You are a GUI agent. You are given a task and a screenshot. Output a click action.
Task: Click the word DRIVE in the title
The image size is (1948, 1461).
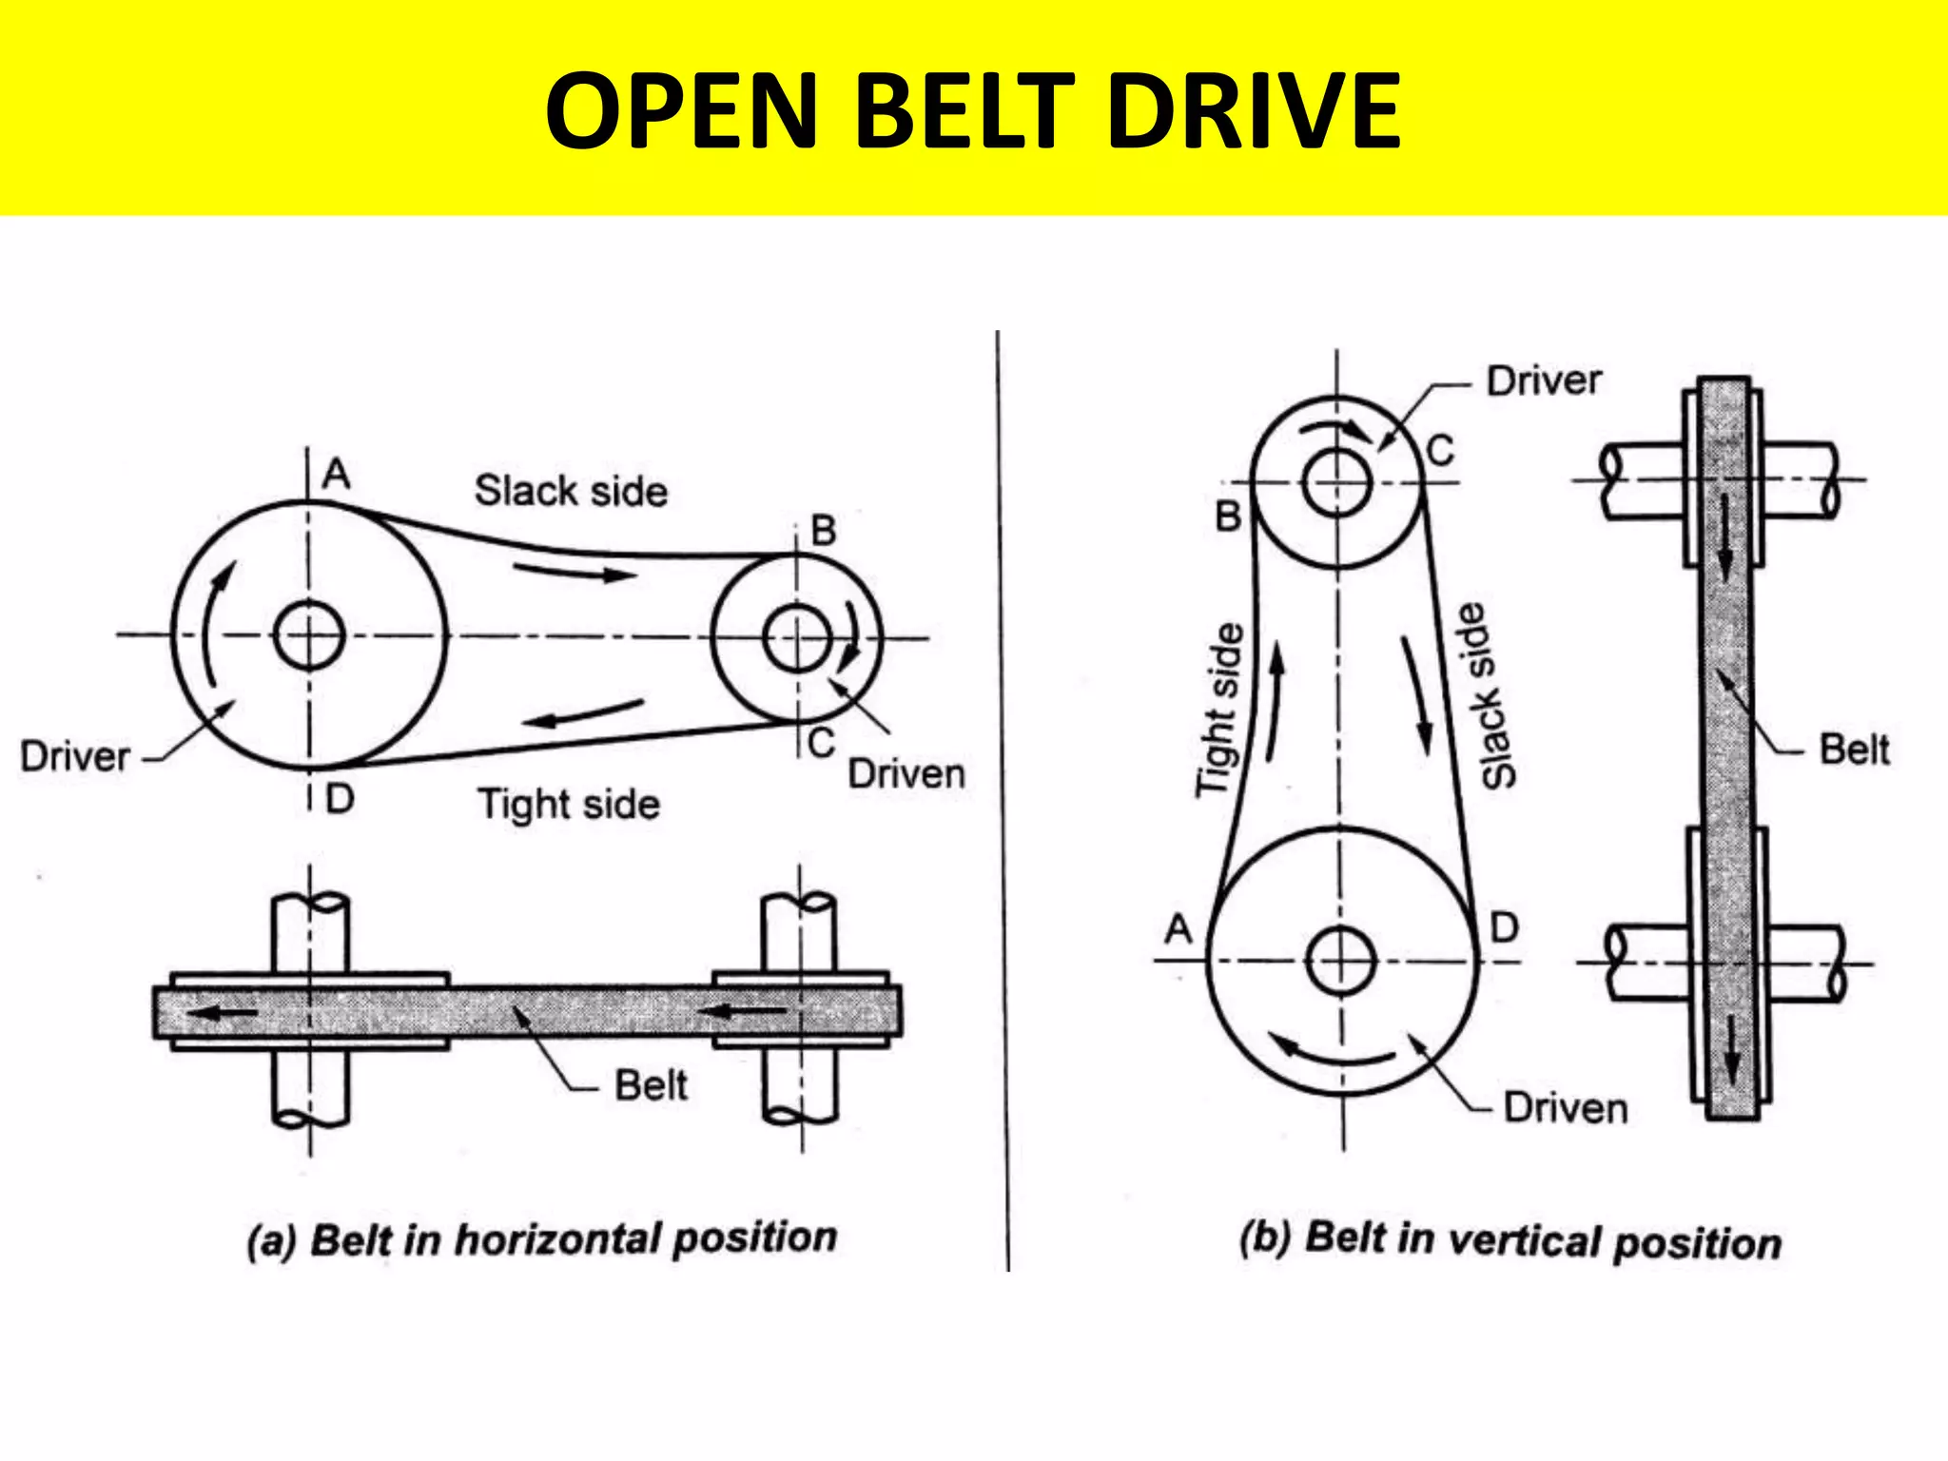click(x=1254, y=111)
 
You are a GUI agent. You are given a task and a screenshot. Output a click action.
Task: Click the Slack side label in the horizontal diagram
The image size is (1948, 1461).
click(x=571, y=492)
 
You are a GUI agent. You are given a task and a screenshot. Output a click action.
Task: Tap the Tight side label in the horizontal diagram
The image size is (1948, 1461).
click(x=568, y=805)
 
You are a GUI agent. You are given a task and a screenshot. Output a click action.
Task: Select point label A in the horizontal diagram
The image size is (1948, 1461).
click(x=336, y=474)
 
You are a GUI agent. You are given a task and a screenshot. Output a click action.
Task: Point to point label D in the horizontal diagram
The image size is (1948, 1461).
click(x=340, y=799)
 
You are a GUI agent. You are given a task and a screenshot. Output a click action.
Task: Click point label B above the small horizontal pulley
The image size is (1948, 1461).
click(x=823, y=531)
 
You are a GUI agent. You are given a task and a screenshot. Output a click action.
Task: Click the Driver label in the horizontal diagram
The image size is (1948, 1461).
click(x=75, y=757)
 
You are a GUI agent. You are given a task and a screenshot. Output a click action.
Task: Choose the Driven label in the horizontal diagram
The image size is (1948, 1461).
click(x=906, y=774)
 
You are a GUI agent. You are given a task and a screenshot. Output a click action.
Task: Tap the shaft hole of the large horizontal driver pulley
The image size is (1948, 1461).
click(x=309, y=634)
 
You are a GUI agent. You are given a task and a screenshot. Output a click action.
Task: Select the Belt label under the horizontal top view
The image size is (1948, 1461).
click(x=651, y=1085)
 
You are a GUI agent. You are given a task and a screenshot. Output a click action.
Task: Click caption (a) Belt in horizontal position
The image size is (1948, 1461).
click(x=542, y=1239)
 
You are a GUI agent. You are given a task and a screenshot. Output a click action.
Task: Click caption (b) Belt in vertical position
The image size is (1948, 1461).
click(x=1510, y=1241)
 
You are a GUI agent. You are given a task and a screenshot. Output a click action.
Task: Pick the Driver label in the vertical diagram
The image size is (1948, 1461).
click(x=1544, y=380)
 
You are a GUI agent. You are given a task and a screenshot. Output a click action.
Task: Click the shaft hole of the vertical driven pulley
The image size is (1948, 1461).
click(x=1340, y=961)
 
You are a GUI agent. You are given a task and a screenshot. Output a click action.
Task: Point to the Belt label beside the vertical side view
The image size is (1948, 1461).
click(x=1854, y=750)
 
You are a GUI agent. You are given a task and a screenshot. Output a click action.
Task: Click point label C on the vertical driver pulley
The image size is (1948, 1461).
click(x=1440, y=450)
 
